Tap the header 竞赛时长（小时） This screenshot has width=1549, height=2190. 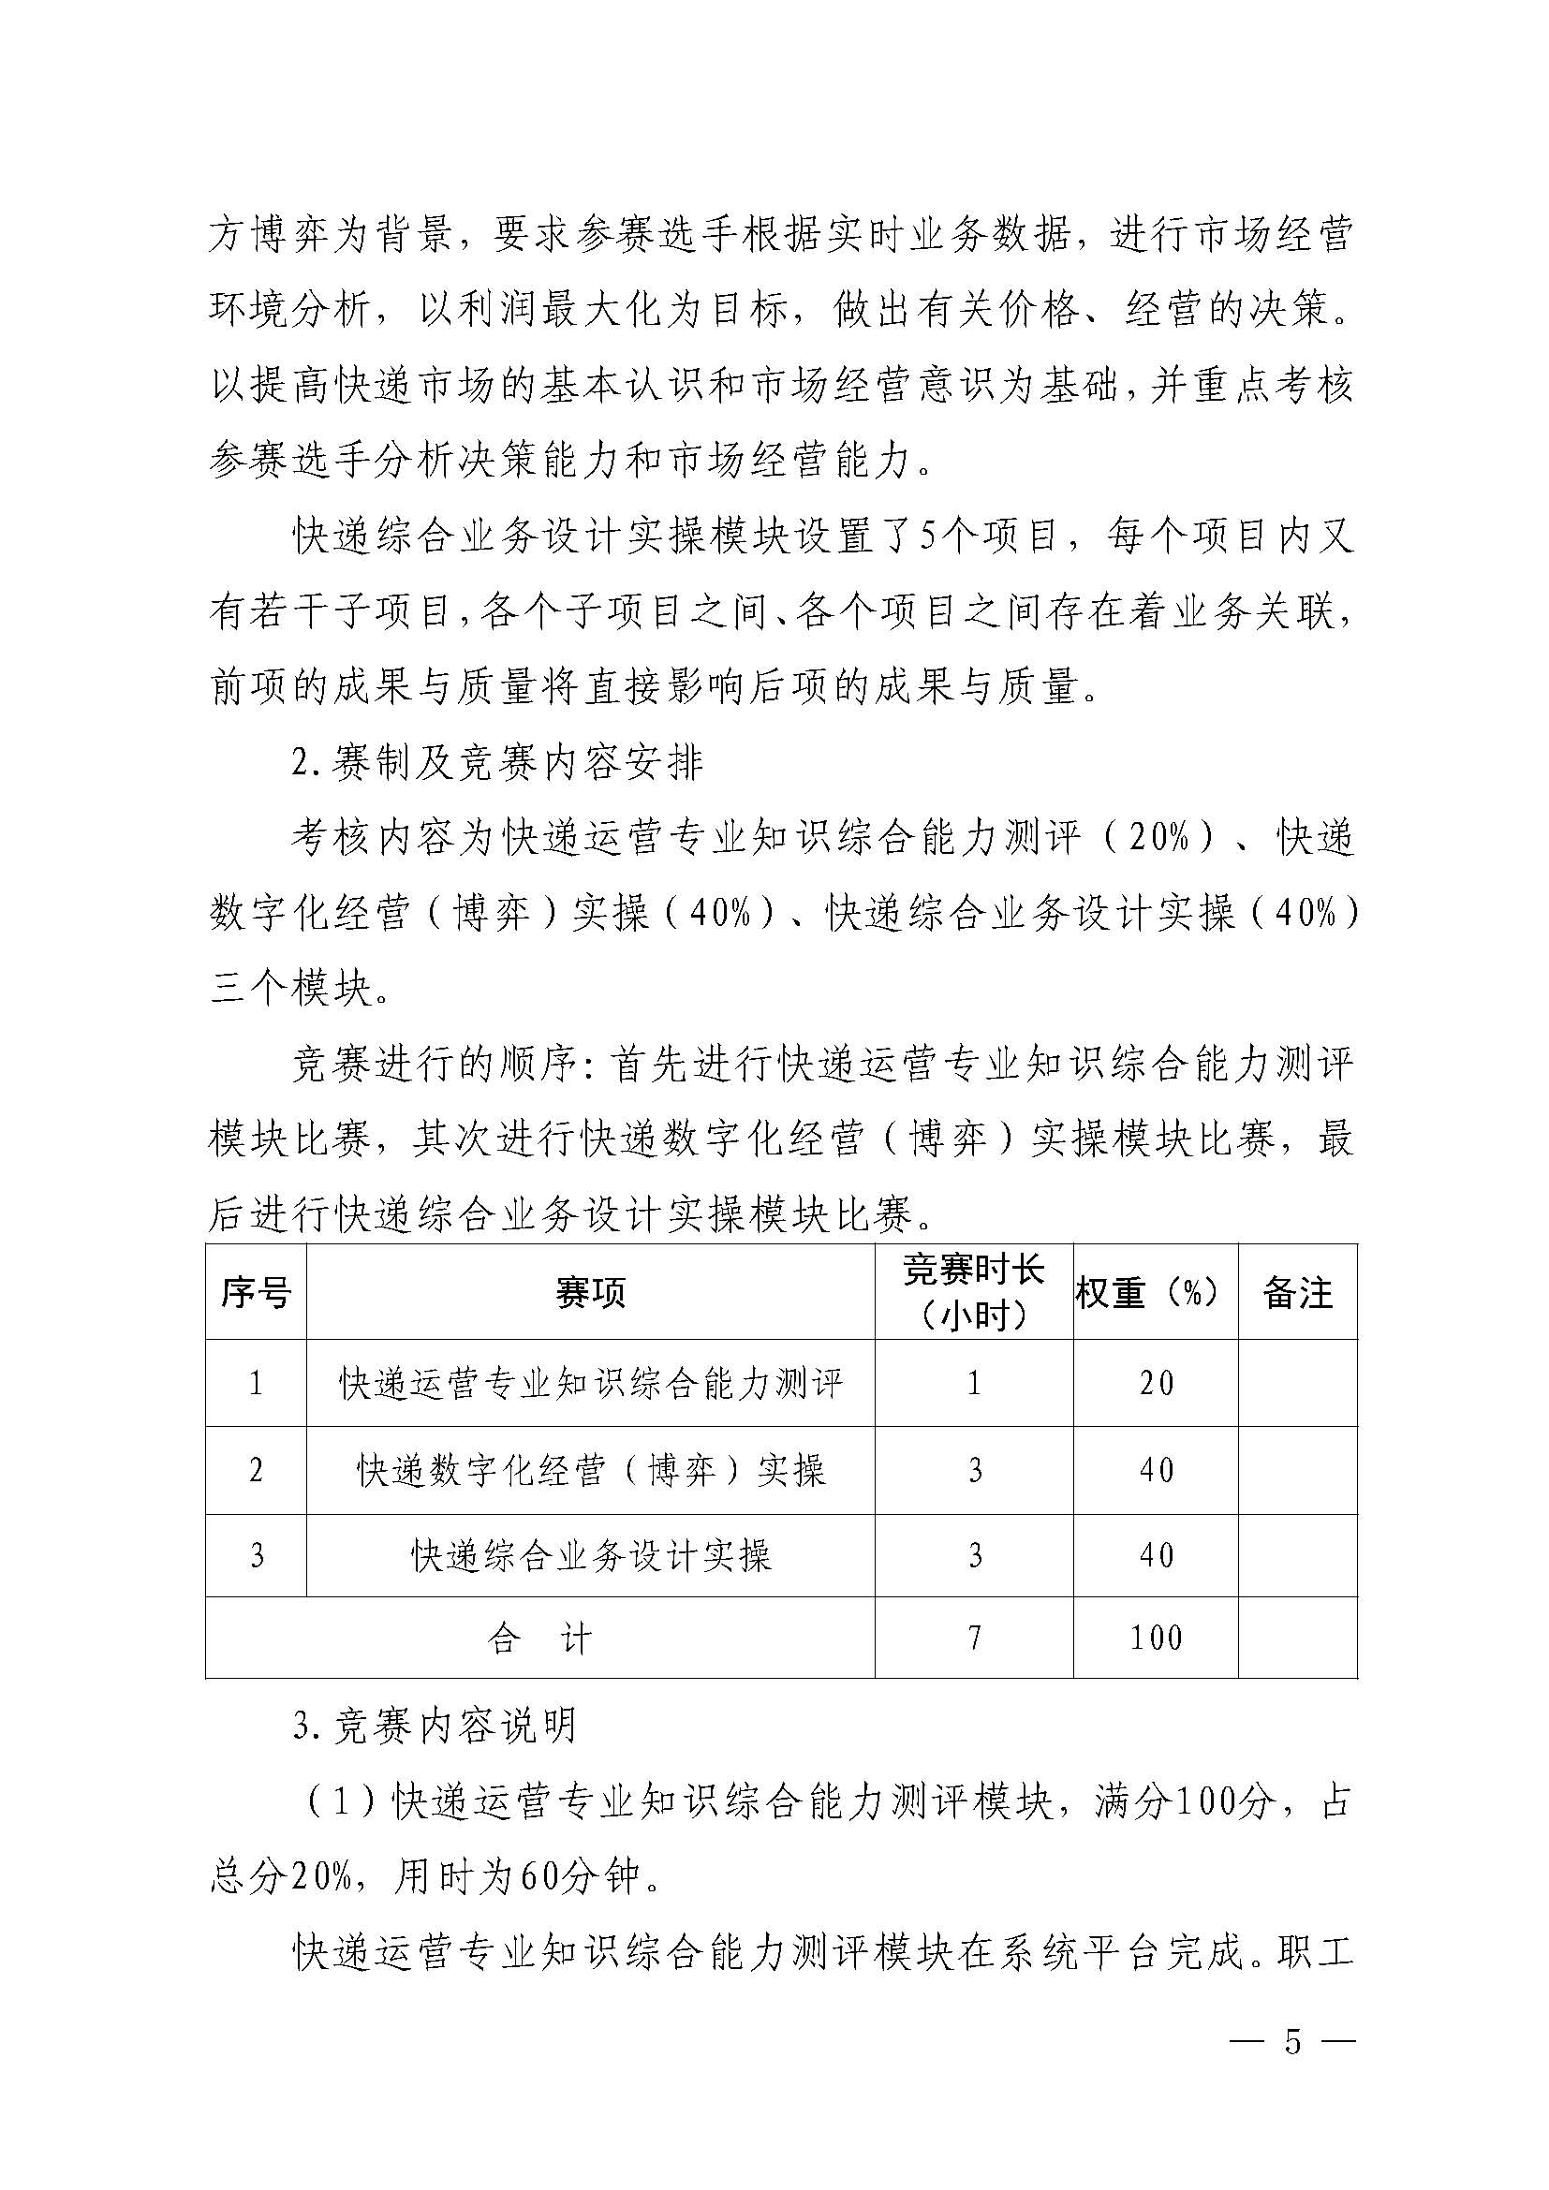pos(974,1292)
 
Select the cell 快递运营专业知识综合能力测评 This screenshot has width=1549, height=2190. pos(590,1384)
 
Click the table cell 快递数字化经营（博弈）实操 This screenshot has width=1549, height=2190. pos(590,1471)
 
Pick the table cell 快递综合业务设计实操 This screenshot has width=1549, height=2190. pos(590,1557)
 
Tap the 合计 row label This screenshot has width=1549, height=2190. pos(539,1639)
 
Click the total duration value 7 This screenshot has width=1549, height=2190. pos(974,1639)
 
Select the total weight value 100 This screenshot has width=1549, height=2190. pos(1155,1639)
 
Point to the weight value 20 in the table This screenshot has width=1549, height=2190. pos(1155,1384)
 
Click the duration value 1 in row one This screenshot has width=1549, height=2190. pos(974,1384)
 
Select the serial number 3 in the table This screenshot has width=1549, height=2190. pos(256,1557)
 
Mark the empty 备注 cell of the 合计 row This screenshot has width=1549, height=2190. pos(1297,1639)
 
